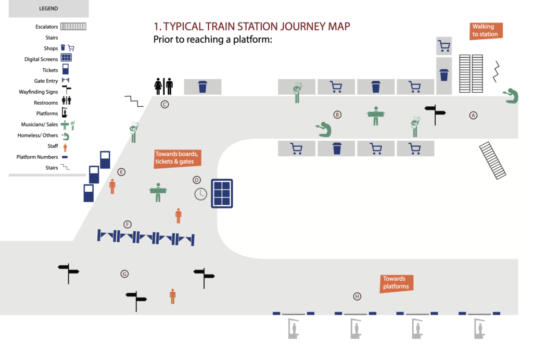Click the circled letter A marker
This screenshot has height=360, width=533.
click(x=473, y=115)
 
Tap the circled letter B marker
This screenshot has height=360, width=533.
click(x=337, y=115)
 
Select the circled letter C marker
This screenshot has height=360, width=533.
click(x=164, y=104)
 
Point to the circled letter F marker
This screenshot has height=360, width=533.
click(x=128, y=225)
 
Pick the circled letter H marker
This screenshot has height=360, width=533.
click(x=357, y=296)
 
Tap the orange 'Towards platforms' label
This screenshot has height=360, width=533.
click(x=396, y=283)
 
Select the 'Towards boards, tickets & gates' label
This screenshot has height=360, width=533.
click(x=177, y=158)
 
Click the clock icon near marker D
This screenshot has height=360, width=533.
click(x=200, y=194)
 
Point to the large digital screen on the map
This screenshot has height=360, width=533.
click(x=222, y=193)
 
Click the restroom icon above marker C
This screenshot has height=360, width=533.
click(x=163, y=86)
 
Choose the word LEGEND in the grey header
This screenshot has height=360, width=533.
click(x=48, y=9)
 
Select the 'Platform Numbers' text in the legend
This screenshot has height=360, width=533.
click(x=37, y=157)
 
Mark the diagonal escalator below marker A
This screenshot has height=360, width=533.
click(x=492, y=160)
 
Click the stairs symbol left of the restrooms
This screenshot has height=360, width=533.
click(x=134, y=101)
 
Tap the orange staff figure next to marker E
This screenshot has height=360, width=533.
click(x=112, y=186)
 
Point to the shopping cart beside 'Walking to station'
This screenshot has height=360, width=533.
click(x=444, y=46)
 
